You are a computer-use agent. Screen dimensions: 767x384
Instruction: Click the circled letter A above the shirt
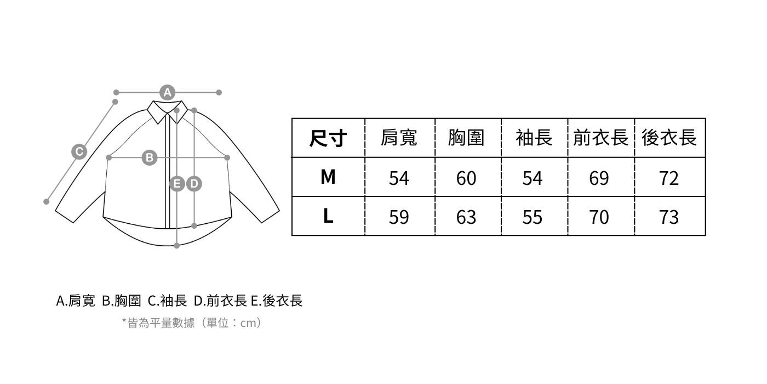coord(168,92)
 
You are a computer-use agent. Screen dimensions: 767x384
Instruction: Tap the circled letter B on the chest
coord(149,158)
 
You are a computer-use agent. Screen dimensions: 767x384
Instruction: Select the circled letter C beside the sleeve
coord(79,151)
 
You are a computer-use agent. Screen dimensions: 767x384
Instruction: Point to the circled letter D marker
coord(194,184)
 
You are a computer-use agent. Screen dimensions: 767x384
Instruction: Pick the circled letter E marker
coord(177,184)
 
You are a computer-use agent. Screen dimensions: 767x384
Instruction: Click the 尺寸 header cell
coord(328,138)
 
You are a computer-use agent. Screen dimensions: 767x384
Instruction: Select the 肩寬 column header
coord(399,138)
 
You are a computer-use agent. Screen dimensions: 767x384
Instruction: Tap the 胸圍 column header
coord(467,138)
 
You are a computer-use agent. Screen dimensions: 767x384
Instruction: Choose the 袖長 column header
coord(534,138)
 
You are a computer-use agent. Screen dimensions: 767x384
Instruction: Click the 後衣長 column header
coord(669,138)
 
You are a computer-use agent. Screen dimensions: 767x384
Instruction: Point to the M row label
coord(328,177)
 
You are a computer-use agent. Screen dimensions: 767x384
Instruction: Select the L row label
coord(328,217)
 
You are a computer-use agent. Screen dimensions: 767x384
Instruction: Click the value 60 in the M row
coord(467,178)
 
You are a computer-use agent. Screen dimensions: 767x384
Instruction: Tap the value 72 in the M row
coord(669,178)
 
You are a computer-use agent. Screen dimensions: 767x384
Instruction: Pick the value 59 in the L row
coord(399,217)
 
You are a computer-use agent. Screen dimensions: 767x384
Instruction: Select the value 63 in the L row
coord(467,217)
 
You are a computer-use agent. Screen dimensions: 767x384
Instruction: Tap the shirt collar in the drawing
coord(168,110)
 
